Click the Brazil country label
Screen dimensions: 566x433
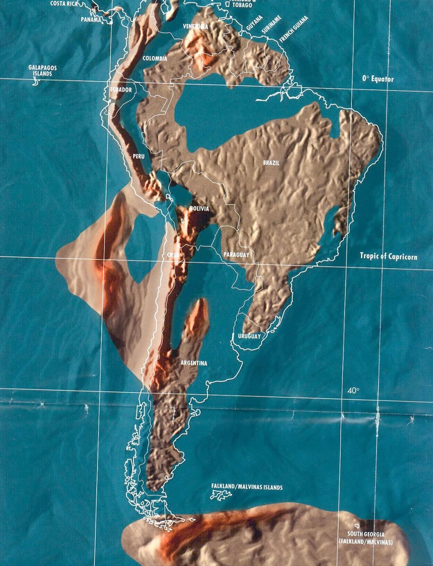coord(271,163)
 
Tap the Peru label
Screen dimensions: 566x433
coord(139,156)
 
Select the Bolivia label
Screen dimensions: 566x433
coord(199,209)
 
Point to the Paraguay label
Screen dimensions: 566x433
coord(236,255)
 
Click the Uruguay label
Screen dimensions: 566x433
coord(249,336)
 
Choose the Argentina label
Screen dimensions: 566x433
coord(194,363)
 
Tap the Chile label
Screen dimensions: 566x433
coord(173,255)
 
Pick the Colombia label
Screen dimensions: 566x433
coord(155,58)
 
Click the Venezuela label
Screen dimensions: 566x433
coord(195,27)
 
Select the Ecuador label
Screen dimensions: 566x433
coord(121,90)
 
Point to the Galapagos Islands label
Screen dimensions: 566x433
coord(43,70)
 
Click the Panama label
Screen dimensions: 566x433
coord(91,19)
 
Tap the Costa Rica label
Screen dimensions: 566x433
coord(64,3)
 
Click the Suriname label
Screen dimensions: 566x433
coord(271,24)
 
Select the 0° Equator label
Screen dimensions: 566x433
coord(378,79)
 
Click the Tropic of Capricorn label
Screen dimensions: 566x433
coord(388,256)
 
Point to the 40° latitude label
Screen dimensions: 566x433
coord(353,390)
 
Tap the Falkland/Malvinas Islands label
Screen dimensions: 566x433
coord(247,487)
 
